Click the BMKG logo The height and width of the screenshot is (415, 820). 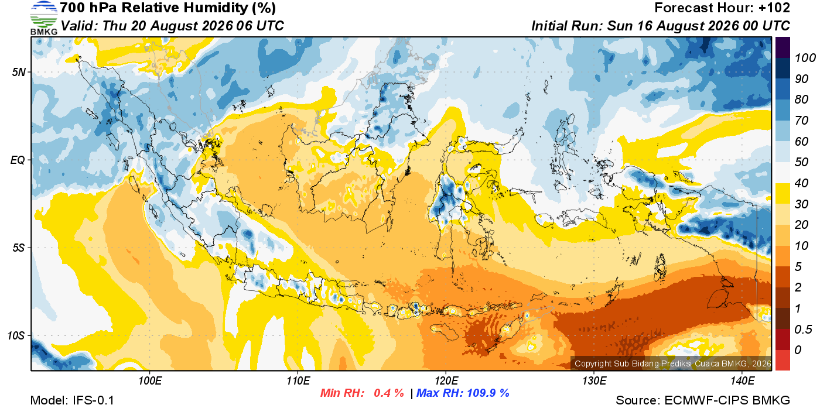pos(43,18)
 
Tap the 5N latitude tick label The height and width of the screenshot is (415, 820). pos(19,72)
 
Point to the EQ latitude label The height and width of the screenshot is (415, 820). pos(18,160)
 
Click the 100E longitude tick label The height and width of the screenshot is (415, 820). pos(150,380)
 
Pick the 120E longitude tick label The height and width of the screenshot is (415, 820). pos(446,380)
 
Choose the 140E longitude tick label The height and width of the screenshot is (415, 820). pos(742,380)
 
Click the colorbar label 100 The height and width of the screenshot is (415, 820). pos(805,58)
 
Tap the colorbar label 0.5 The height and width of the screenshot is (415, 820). pos(803,330)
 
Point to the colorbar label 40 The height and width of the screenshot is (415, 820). pos(801,183)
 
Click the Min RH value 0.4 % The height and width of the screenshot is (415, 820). pos(388,393)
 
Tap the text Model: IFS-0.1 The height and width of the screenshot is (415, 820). pos(72,400)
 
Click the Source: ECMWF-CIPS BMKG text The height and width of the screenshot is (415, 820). pos(703,400)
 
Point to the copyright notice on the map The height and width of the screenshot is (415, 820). pos(672,363)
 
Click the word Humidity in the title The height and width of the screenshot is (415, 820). pos(216,8)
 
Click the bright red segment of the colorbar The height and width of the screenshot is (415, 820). pos(783,360)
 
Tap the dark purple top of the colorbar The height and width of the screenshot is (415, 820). pos(783,47)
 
